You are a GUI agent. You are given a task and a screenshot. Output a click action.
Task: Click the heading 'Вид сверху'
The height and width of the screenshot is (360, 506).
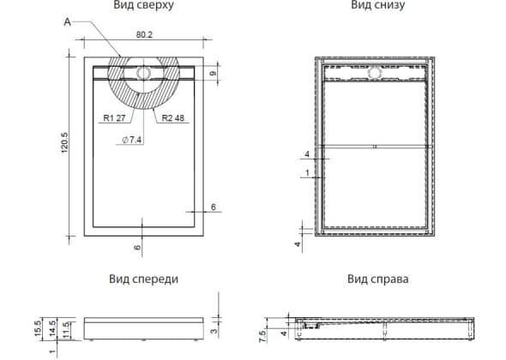143,5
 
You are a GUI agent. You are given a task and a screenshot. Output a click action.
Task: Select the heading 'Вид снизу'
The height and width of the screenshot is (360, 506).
378,5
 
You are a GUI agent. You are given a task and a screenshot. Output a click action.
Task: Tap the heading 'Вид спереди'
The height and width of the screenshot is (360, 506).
143,279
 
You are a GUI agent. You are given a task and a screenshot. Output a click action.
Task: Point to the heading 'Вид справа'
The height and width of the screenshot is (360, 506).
378,279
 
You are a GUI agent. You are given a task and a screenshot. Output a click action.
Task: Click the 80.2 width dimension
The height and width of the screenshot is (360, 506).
144,34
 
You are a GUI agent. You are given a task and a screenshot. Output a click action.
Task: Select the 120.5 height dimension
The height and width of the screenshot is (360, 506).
64,142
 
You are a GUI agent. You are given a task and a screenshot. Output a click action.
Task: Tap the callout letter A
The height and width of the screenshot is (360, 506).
67,22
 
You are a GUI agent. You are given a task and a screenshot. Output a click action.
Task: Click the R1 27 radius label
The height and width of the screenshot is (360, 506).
114,118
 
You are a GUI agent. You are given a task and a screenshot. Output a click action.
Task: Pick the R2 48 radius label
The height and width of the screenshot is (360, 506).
172,118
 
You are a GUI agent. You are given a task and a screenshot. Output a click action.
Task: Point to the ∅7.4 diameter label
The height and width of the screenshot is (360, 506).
132,140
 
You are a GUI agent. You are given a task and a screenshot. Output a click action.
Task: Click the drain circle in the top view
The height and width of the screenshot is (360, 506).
142,73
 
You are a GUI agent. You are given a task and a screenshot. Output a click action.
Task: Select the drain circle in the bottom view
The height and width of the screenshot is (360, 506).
374,73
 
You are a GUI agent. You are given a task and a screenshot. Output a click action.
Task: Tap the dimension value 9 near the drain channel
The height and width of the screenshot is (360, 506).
213,74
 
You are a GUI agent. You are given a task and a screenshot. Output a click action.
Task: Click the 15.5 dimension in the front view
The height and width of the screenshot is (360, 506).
38,328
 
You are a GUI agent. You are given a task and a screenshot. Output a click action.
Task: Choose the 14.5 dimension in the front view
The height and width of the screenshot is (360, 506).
52,328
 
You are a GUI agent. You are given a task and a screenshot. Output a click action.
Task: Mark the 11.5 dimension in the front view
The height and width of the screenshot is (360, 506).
66,330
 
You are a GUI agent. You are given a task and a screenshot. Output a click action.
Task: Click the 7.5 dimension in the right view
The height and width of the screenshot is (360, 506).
262,337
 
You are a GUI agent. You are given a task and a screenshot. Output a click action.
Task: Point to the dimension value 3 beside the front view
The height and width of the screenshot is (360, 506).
214,331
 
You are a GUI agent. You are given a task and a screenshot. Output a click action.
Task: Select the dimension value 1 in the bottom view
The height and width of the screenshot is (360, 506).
307,173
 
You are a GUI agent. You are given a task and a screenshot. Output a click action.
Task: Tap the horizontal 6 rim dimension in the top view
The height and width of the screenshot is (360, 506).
214,207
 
